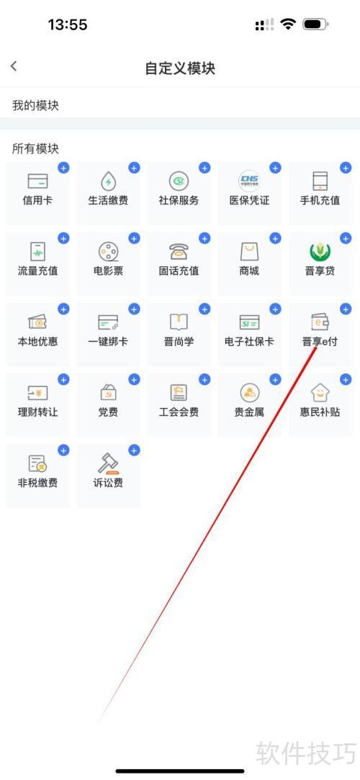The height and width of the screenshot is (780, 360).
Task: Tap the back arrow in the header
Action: (14, 65)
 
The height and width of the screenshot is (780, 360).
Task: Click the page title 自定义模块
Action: (180, 68)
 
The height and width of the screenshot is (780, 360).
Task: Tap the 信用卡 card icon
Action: (38, 181)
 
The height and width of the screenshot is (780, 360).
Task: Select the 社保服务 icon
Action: (179, 181)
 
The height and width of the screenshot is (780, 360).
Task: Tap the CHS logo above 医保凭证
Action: (249, 181)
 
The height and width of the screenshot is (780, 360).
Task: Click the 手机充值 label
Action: (320, 201)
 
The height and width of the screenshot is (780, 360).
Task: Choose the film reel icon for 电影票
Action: (108, 252)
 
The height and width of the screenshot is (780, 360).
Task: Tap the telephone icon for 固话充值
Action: (179, 252)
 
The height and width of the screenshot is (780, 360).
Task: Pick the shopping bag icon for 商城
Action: (249, 252)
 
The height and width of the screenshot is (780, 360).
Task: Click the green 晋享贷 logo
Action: (320, 252)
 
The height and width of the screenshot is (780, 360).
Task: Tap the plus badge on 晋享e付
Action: (346, 309)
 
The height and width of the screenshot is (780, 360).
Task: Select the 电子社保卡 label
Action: (249, 342)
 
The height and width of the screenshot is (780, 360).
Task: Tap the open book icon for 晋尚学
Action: (179, 322)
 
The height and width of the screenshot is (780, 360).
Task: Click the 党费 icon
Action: (108, 392)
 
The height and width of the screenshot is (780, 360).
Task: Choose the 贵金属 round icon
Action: (249, 392)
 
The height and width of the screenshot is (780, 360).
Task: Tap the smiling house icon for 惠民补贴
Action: (320, 392)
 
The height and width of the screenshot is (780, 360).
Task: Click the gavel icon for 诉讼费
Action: (108, 463)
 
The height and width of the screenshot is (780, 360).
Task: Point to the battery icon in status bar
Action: (315, 24)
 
